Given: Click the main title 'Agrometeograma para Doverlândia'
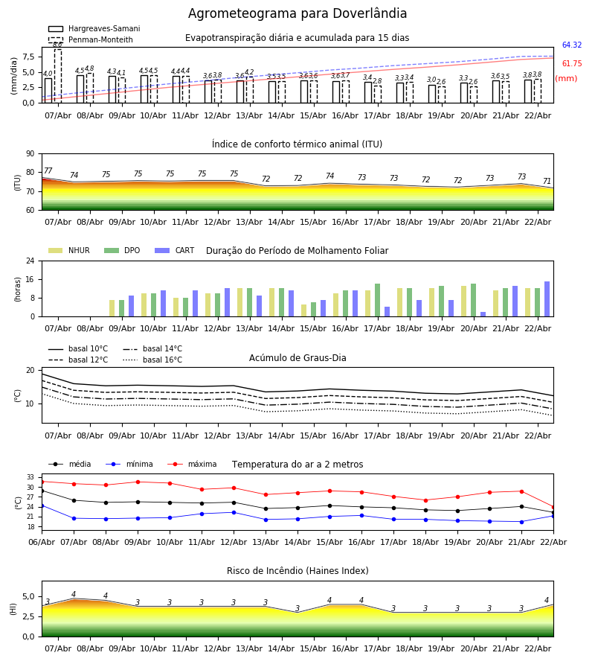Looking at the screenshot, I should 297,14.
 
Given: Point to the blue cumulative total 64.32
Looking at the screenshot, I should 571,45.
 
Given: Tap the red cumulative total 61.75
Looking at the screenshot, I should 571,64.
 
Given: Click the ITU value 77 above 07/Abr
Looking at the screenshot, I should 48,171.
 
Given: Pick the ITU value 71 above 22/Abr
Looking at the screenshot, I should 547,182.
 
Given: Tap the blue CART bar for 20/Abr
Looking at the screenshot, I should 483,314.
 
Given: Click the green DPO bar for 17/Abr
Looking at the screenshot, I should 377,300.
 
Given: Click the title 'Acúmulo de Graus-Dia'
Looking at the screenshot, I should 297,358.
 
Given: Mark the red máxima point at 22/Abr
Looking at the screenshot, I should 553,507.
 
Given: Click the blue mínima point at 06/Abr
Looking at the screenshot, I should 42,505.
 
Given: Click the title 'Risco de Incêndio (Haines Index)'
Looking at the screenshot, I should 297,571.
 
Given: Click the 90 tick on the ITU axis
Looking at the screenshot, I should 30,153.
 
